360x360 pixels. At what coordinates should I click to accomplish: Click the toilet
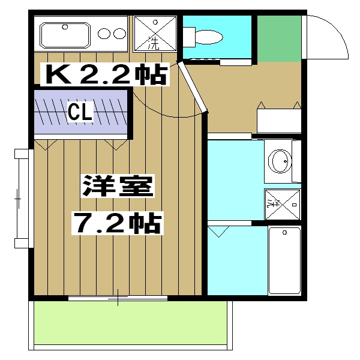point(208,36)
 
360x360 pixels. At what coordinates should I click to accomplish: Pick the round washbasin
point(278,161)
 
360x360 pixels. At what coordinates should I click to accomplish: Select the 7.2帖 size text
point(117,223)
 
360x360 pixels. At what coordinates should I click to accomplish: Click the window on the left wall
point(22,198)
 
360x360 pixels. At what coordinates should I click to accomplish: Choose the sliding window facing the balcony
point(118,298)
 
